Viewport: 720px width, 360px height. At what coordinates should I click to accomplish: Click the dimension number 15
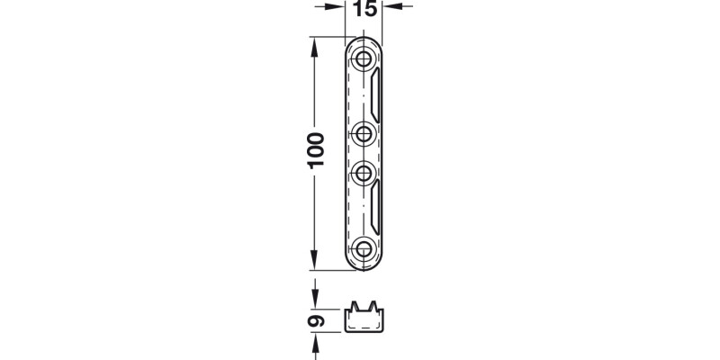coord(365,9)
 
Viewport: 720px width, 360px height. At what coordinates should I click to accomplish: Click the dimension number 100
coord(316,150)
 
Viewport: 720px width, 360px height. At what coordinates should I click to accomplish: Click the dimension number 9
coord(316,320)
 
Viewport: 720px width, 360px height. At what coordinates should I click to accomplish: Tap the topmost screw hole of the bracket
coord(364,58)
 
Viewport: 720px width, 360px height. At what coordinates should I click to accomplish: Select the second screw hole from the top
coord(364,134)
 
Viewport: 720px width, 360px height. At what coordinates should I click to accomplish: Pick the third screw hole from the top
coord(364,173)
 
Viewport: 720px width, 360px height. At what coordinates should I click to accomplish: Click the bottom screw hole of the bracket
coord(364,249)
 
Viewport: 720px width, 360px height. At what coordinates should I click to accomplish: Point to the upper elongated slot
coord(375,95)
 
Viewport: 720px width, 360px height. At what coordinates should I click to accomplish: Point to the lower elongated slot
coord(375,207)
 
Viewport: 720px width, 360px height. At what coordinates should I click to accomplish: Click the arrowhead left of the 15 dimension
coord(336,6)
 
